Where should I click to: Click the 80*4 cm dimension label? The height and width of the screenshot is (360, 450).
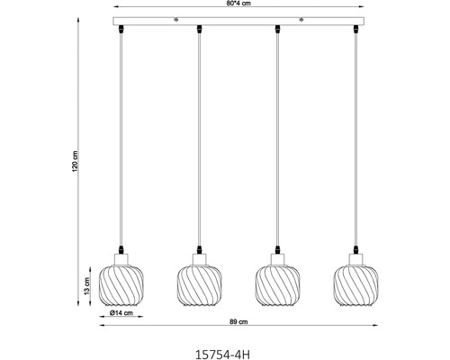click(x=238, y=4)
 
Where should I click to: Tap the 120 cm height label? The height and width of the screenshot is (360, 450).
click(x=75, y=161)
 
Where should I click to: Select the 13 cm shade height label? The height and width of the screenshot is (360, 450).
click(x=86, y=285)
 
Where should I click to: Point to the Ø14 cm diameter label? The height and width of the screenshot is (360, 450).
click(x=121, y=313)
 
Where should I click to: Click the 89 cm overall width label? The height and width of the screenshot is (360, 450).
click(x=238, y=322)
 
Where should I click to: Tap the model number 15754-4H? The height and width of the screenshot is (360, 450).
click(x=222, y=355)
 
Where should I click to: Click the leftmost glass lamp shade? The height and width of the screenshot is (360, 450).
click(x=121, y=285)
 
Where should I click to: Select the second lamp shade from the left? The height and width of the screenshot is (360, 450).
click(x=200, y=285)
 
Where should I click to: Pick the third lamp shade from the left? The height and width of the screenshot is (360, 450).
click(x=278, y=285)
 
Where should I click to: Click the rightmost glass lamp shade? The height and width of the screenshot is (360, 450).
click(x=355, y=285)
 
